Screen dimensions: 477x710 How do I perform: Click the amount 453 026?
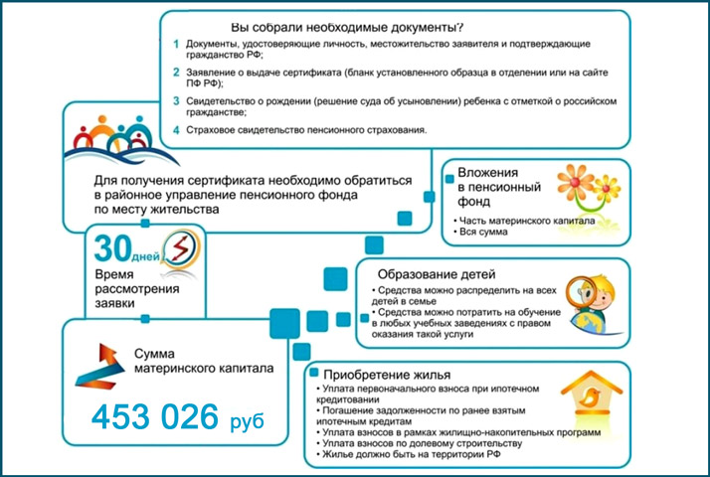tap(157, 417)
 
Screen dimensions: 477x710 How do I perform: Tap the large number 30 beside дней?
tap(111, 245)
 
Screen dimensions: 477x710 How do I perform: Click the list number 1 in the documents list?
tap(175, 45)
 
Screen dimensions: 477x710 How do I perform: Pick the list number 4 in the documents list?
tap(175, 130)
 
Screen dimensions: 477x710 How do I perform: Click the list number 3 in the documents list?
tap(175, 100)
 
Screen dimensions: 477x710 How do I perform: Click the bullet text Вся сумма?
tap(483, 233)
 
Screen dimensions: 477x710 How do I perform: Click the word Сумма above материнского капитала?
tap(155, 353)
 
